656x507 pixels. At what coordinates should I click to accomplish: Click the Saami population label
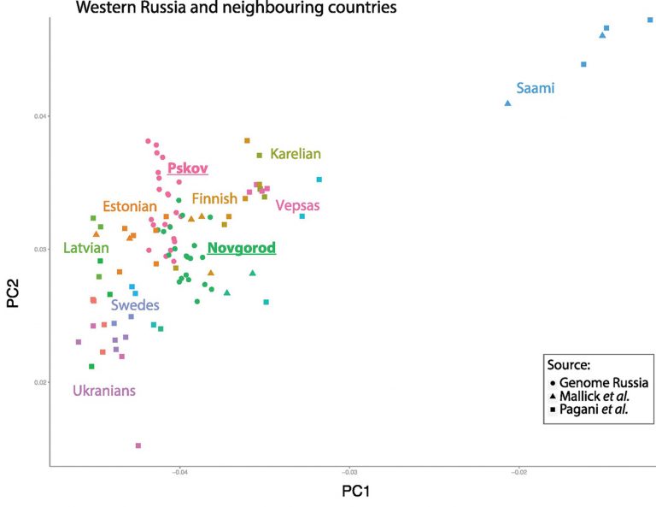[x=536, y=88]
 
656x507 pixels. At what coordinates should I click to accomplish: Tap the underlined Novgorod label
[x=242, y=249]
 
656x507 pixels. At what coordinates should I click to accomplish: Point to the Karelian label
[x=296, y=155]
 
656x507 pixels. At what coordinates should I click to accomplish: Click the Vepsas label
[x=297, y=205]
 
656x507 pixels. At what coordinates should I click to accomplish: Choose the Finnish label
[x=214, y=198]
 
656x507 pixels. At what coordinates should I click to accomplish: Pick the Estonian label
[x=130, y=206]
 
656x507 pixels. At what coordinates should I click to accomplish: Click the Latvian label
[x=85, y=249]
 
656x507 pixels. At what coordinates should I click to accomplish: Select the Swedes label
[x=133, y=305]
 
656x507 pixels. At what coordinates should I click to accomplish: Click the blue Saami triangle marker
[x=508, y=103]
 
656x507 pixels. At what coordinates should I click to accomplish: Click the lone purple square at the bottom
[x=138, y=445]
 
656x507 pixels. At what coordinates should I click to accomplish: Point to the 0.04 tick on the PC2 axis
[x=40, y=116]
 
